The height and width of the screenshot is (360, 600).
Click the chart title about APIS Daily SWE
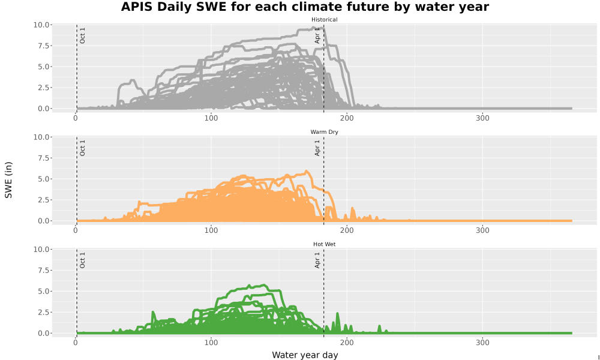pos(305,7)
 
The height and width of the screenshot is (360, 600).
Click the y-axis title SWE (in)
pos(8,180)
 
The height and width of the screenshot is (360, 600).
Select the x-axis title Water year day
pos(305,355)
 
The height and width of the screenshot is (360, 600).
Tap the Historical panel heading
pos(324,20)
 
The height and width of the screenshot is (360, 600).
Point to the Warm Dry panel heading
pos(324,132)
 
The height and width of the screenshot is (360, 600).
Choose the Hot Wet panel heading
pos(324,244)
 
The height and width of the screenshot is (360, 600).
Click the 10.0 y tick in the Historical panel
pos(42,25)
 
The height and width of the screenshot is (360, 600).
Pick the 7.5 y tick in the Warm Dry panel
pos(44,158)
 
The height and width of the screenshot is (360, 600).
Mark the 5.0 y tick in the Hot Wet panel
pos(44,291)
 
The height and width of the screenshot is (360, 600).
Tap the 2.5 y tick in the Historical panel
pos(44,88)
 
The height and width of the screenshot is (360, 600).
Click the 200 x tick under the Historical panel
pos(347,118)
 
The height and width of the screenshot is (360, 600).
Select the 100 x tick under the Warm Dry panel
pos(211,230)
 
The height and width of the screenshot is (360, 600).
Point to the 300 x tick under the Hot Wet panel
pos(482,343)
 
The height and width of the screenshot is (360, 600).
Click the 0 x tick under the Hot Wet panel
pos(76,343)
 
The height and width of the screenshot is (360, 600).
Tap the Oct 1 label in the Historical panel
pos(82,35)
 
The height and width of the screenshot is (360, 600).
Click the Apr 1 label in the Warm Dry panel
pos(317,148)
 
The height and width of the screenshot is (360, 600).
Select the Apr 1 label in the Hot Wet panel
pos(317,260)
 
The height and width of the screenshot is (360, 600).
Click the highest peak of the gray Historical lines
pos(314,28)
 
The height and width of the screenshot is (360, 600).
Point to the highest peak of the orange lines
pos(306,171)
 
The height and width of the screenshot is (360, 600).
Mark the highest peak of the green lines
pos(263,285)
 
